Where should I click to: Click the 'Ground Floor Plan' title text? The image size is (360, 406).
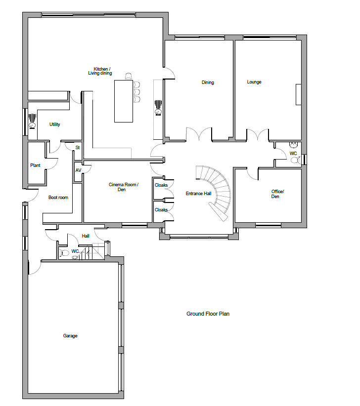tap(208, 314)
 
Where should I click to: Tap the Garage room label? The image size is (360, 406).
tap(70, 336)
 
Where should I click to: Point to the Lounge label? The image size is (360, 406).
tap(254, 82)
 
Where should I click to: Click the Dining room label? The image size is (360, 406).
tap(208, 82)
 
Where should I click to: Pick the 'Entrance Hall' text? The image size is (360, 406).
tap(198, 194)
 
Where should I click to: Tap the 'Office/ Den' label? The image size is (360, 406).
tap(277, 194)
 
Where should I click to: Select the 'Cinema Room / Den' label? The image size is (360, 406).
tap(124, 187)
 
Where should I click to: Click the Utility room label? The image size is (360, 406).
tap(54, 124)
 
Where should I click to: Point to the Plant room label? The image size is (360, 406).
tap(35, 165)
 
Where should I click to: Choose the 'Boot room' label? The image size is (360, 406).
tap(58, 198)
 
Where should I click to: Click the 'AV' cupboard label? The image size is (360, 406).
tap(78, 170)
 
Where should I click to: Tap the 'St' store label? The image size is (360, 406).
tap(77, 148)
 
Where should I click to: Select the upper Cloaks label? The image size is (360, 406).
tap(161, 185)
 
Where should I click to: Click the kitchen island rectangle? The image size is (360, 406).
tap(124, 101)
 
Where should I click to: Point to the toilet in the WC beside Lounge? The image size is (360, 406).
tap(295, 160)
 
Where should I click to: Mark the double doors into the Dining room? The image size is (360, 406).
tap(199, 134)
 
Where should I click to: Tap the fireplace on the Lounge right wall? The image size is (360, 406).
tap(299, 94)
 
